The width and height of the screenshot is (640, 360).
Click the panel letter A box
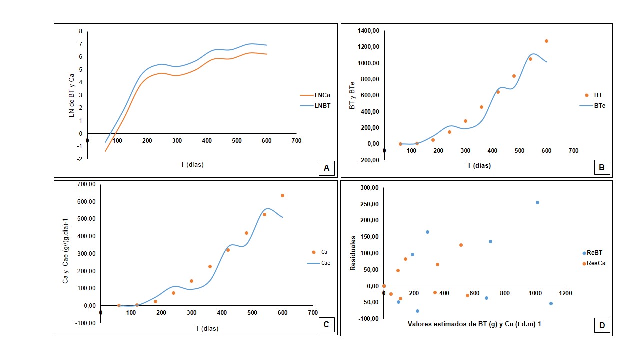[x=326, y=168]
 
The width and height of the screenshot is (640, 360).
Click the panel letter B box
[x=602, y=167]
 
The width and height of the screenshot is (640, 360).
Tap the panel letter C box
[x=326, y=324]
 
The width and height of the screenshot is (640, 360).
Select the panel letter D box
[x=602, y=325]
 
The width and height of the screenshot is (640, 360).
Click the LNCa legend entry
[x=315, y=95]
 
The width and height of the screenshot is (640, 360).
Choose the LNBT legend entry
[x=315, y=106]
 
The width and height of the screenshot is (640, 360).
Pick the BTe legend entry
[x=592, y=106]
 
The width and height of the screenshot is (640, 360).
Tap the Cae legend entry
[x=319, y=263]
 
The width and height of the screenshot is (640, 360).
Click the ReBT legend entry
[x=592, y=253]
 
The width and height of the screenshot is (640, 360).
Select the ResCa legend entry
[x=594, y=263]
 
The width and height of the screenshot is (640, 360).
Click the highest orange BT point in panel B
[x=546, y=41]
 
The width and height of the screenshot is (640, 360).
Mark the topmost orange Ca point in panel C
[x=282, y=195]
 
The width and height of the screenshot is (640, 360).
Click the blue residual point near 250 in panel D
[x=537, y=203]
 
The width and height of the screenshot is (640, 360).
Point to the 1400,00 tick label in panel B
[x=368, y=31]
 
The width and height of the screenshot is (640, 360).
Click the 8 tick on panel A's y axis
[x=81, y=31]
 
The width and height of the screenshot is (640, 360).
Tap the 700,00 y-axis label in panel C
[x=86, y=184]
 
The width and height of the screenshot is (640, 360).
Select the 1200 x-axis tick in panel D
[x=565, y=293]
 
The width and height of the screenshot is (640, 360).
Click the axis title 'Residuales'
[x=353, y=253]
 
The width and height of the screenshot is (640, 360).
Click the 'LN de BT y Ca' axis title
[x=71, y=95]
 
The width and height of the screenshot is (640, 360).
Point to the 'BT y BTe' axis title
[x=352, y=95]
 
